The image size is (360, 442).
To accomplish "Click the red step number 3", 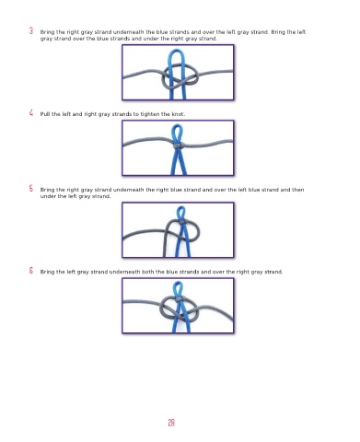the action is (31, 30).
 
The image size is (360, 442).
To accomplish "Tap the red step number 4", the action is (31, 112).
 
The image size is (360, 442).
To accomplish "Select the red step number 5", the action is (31, 188).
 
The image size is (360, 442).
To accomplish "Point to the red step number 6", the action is (31, 271).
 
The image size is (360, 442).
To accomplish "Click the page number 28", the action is (171, 423).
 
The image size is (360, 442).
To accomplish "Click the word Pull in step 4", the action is (45, 114).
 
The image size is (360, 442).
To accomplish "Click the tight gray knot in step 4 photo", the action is (178, 145).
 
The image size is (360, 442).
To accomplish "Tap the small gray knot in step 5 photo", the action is (181, 221).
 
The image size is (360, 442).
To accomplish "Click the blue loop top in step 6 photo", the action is (179, 283).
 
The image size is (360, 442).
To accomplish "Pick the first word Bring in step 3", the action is (47, 32).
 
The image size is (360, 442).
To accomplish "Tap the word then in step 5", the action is (297, 190).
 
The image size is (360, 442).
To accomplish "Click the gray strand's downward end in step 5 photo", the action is (165, 255).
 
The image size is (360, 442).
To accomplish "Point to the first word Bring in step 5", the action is (47, 190).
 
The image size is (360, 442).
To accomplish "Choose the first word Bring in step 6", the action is (47, 272).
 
